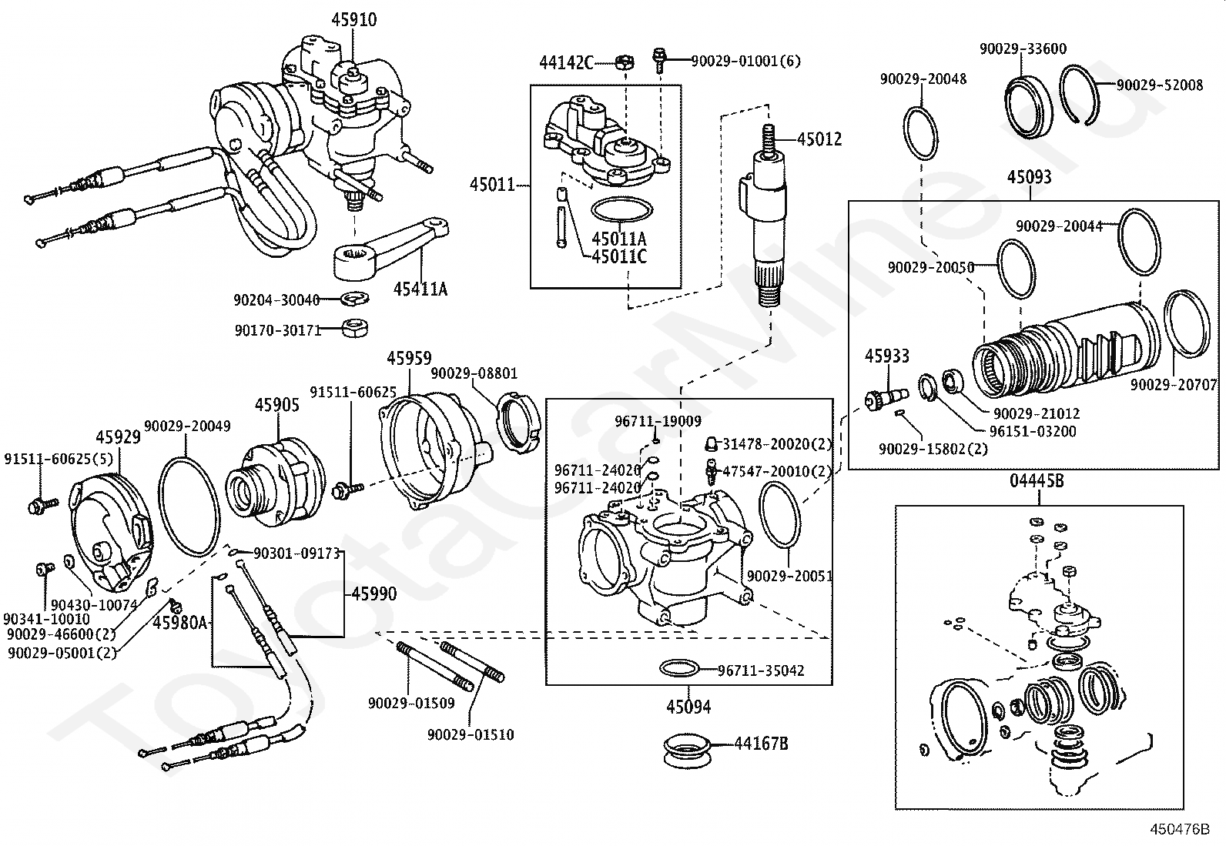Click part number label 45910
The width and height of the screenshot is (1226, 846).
coord(354,19)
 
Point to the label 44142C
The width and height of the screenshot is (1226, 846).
coord(566,62)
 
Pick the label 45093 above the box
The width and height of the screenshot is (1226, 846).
coord(1029,177)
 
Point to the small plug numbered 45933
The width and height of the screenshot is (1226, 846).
coord(884,396)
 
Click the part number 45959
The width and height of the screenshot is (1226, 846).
coord(409,358)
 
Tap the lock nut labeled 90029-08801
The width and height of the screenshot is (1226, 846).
coord(517,420)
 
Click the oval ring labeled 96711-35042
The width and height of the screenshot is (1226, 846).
coord(680,668)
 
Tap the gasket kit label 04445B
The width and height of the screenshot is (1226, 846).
coord(1037,481)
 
